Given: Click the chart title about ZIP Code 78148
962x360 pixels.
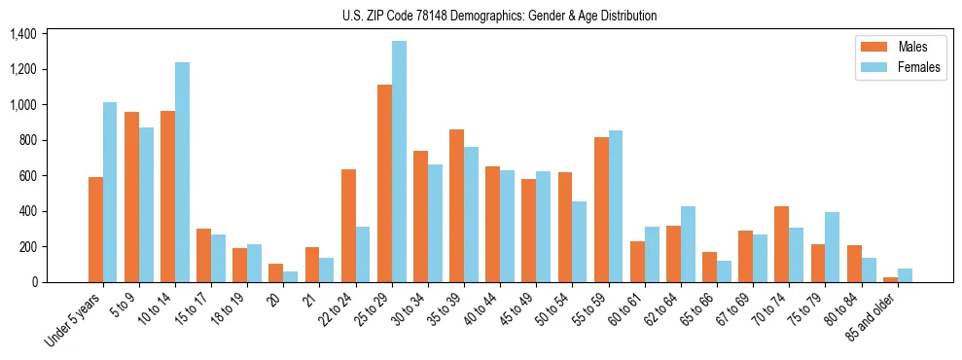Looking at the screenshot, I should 499,16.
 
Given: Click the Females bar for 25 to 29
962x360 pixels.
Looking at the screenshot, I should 399,162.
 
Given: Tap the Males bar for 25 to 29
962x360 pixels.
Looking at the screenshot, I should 384,184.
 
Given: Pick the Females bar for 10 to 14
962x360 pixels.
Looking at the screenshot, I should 182,172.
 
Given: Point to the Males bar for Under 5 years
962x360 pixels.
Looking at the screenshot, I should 95,230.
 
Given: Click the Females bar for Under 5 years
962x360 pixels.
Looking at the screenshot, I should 110,193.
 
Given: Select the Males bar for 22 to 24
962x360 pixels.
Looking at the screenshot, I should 348,226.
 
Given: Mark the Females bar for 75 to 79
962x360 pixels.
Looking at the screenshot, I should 833,247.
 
